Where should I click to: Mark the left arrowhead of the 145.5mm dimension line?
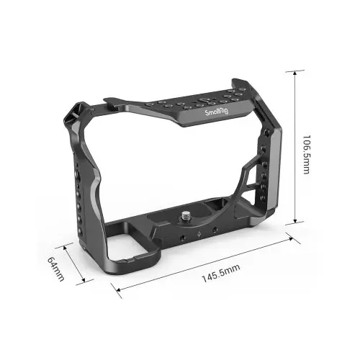[117, 291]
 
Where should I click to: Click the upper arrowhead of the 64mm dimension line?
[67, 246]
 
